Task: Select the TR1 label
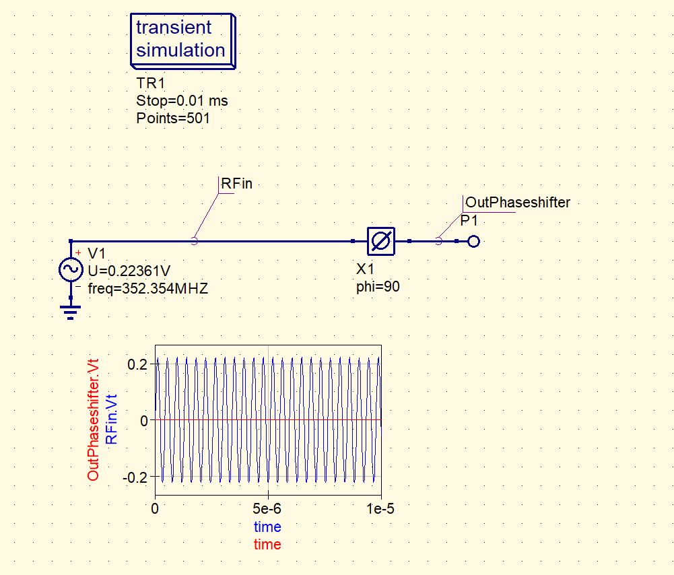click(150, 83)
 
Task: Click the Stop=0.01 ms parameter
click(182, 101)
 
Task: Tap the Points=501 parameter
click(173, 119)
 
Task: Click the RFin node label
click(236, 184)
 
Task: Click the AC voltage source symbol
click(71, 270)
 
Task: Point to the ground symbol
click(71, 312)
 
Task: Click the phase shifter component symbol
click(380, 241)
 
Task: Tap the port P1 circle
click(473, 241)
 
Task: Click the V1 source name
click(97, 253)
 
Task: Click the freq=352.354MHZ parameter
click(148, 288)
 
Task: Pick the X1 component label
click(365, 269)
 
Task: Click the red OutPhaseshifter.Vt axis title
click(94, 419)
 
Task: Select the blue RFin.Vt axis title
click(112, 419)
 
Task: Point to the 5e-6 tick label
click(268, 509)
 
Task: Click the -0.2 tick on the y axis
click(135, 477)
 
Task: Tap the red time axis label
click(267, 544)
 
